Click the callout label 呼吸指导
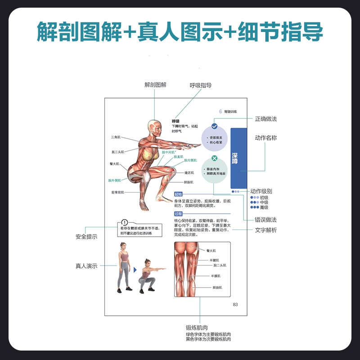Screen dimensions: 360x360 (x=201, y=85)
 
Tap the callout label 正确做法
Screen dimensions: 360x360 (x=266, y=119)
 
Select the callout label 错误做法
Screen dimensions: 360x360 (x=266, y=220)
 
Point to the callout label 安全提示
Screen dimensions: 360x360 (x=86, y=236)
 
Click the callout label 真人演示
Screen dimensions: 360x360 (x=86, y=266)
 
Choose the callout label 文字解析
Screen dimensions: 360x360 (x=266, y=230)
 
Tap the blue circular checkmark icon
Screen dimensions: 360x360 (x=215, y=126)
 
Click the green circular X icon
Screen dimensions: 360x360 (x=215, y=158)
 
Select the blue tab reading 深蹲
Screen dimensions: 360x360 (x=238, y=158)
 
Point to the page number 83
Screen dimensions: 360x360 (x=235, y=305)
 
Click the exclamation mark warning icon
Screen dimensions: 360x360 (x=125, y=222)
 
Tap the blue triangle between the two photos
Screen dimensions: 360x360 (x=135, y=270)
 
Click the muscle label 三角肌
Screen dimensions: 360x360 (x=115, y=137)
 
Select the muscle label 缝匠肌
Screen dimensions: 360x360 (x=189, y=172)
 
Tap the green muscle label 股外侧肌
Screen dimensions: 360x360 (x=114, y=180)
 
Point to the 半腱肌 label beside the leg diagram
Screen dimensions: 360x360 (x=214, y=260)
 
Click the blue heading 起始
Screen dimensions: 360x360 (x=178, y=194)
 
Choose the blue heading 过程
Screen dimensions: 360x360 (x=178, y=214)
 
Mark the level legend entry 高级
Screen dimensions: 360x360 (x=264, y=207)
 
